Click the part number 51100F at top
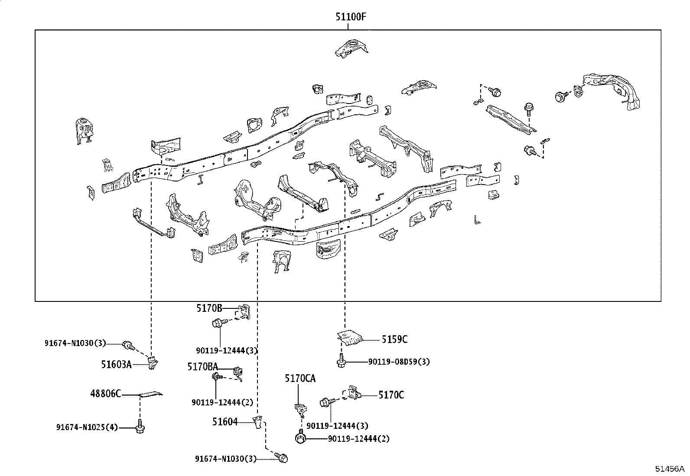pyautogui.click(x=351, y=16)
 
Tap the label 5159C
pyautogui.click(x=394, y=339)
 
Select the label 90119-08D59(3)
pyautogui.click(x=399, y=362)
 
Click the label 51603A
pyautogui.click(x=117, y=365)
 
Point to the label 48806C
pyautogui.click(x=106, y=393)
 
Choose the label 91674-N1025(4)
pyautogui.click(x=87, y=427)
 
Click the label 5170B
pyautogui.click(x=209, y=308)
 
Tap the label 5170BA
pyautogui.click(x=203, y=366)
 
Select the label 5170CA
pyautogui.click(x=300, y=379)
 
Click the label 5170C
pyautogui.click(x=391, y=395)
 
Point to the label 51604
pyautogui.click(x=225, y=422)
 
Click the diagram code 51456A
pyautogui.click(x=669, y=469)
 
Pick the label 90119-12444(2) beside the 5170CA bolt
pyautogui.click(x=358, y=439)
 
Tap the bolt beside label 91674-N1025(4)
pyautogui.click(x=140, y=427)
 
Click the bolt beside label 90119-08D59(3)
pyautogui.click(x=341, y=360)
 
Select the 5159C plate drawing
pyautogui.click(x=350, y=338)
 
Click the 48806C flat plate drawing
pyautogui.click(x=151, y=394)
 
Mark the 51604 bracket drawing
pyautogui.click(x=258, y=422)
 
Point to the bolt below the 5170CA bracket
pyautogui.click(x=300, y=437)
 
